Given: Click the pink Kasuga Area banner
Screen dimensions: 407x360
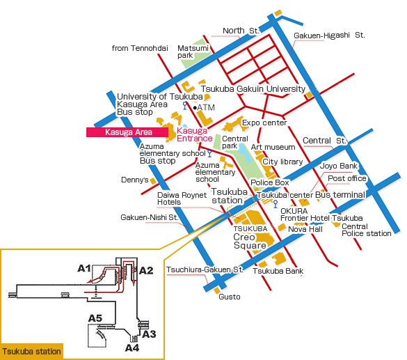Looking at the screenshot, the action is [127, 132].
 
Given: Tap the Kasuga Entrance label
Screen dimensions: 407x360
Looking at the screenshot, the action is [194, 134].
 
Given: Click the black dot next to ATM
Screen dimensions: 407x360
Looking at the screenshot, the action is [195, 107].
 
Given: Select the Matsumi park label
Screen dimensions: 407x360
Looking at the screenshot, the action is [193, 52].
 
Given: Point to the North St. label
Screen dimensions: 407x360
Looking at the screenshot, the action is [241, 31].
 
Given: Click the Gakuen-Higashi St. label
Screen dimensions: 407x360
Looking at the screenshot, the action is [329, 36].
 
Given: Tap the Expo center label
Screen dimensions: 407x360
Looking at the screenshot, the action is [264, 123].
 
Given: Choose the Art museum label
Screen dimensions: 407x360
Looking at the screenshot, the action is [273, 147].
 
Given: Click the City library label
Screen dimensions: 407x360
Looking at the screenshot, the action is [282, 162].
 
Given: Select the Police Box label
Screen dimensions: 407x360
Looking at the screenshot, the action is [270, 182].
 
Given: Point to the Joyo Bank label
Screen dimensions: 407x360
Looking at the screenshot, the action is [339, 166].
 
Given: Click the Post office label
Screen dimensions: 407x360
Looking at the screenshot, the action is [347, 178].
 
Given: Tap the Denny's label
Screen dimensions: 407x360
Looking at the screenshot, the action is [135, 180].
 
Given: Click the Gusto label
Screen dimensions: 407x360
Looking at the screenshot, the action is [230, 297].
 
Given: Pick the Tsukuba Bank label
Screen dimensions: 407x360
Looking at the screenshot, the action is [278, 271].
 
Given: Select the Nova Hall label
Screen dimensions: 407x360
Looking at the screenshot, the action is [305, 229].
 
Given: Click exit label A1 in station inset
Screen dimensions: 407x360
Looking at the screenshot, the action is [84, 268].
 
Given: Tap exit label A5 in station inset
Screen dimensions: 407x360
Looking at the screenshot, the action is [95, 318].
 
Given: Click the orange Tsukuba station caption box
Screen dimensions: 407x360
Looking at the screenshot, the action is [32, 352].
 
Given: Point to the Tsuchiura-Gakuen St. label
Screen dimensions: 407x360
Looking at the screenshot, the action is [205, 269].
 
